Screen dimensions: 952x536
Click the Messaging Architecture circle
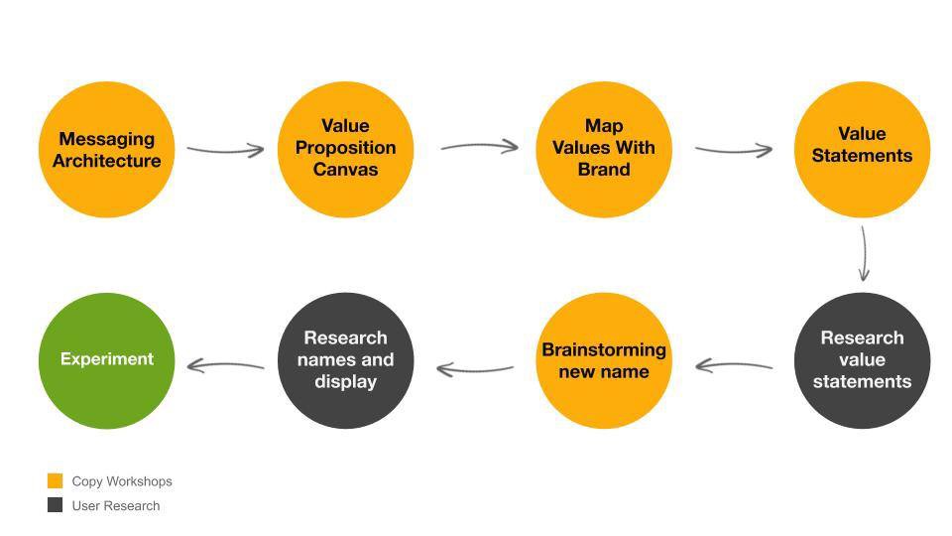[107, 150]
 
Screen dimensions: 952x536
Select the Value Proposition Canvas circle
[345, 150]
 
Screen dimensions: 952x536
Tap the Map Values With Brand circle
[604, 150]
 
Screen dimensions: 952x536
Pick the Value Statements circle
[862, 150]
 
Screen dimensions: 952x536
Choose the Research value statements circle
[862, 360]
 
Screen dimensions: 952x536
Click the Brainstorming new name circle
[604, 360]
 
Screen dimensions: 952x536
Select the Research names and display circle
[345, 360]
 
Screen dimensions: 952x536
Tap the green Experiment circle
[107, 360]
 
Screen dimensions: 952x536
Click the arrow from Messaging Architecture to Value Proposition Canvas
[226, 150]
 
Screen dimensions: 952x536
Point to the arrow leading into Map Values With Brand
[480, 146]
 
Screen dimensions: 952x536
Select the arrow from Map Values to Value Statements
[734, 149]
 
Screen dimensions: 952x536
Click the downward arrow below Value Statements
[864, 253]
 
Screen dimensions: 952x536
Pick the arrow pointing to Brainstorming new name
[734, 365]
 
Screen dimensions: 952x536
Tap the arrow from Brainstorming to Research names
[475, 369]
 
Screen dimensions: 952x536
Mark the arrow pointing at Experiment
[226, 365]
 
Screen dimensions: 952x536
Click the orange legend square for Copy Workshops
[56, 480]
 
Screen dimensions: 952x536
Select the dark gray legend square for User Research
[56, 505]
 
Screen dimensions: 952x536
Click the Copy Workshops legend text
[122, 481]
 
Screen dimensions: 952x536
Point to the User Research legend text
[116, 505]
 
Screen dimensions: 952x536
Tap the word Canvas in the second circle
[345, 170]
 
